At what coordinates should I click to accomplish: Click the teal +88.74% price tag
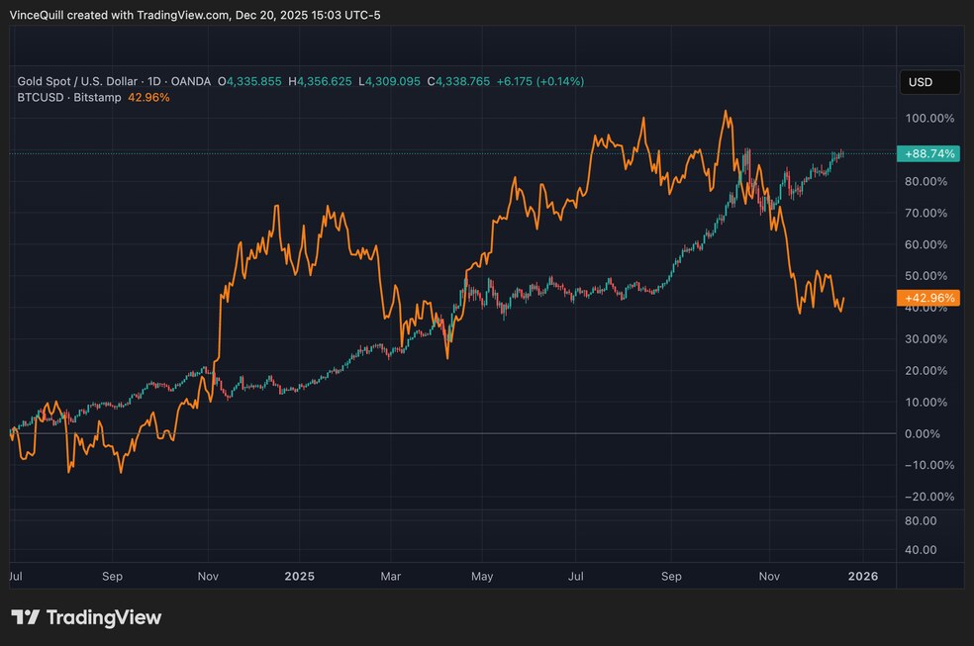(x=926, y=153)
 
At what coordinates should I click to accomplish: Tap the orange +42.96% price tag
(x=926, y=298)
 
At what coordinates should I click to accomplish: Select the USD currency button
(x=928, y=82)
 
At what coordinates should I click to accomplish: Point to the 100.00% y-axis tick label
(x=929, y=119)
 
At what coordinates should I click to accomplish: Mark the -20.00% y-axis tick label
(x=929, y=497)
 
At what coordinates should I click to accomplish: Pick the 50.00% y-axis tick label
(x=929, y=276)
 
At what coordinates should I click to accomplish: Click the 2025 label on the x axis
(x=299, y=575)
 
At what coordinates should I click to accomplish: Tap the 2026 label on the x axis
(x=863, y=575)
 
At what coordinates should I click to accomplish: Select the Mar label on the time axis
(x=391, y=575)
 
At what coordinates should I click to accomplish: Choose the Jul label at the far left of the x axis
(x=17, y=575)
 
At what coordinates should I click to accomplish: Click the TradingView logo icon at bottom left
(x=26, y=617)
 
